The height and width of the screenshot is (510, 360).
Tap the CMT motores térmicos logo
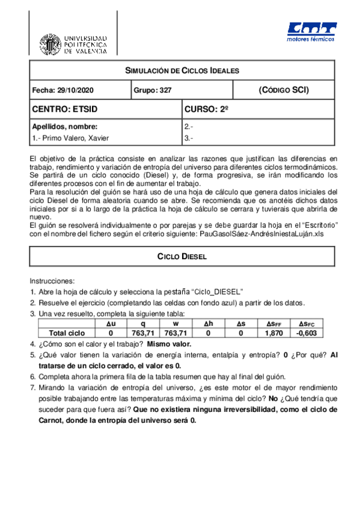tap(311, 33)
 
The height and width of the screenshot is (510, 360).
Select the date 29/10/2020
tap(72, 90)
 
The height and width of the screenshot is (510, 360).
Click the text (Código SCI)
tap(284, 90)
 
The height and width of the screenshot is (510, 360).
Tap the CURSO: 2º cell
tap(207, 109)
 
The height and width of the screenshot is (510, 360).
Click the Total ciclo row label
tap(58, 333)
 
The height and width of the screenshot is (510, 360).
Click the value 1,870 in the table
tap(274, 333)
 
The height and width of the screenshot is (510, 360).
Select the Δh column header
tap(208, 324)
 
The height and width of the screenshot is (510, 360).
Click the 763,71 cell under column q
tap(142, 333)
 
